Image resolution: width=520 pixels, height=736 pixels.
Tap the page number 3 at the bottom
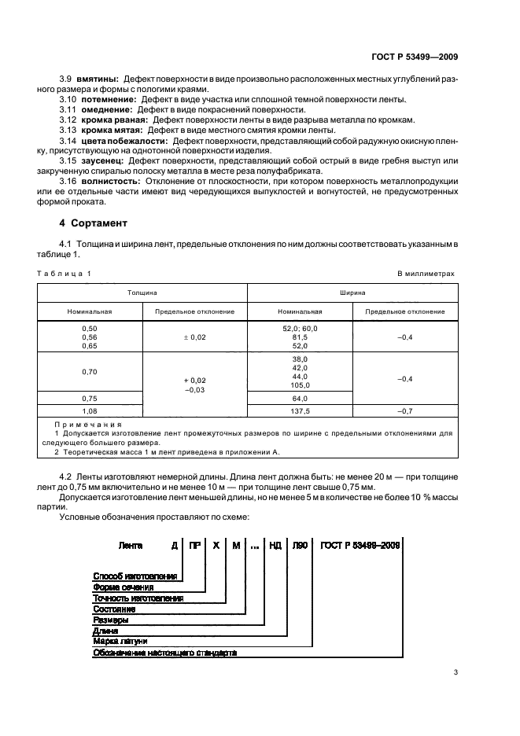click(x=455, y=672)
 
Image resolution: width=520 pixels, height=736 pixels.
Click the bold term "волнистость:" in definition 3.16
click(x=108, y=181)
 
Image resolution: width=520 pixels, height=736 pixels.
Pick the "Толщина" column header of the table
click(x=142, y=291)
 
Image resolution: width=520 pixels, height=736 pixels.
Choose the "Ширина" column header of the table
click(x=352, y=291)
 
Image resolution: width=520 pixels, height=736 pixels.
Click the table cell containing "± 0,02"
click(x=194, y=337)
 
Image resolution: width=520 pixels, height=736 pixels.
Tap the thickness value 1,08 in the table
click(x=89, y=410)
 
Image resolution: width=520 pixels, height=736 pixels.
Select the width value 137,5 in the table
click(x=300, y=410)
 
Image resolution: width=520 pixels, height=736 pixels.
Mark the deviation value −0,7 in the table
click(x=405, y=410)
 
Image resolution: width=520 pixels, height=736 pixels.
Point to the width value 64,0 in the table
click(x=300, y=398)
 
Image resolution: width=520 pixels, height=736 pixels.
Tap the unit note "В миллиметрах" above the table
click(x=426, y=273)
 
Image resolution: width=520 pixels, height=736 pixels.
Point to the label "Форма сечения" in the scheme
click(x=124, y=587)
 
